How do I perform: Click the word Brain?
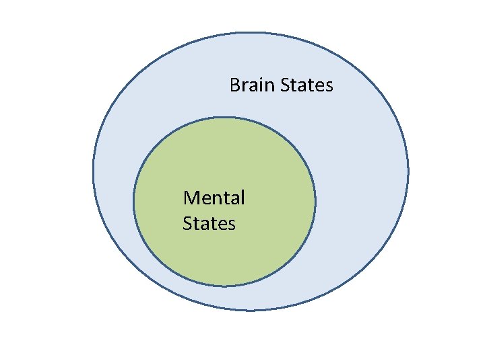point(251,85)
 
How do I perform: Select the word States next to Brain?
point(306,85)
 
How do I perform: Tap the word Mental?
point(214,198)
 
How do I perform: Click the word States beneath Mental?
point(209,223)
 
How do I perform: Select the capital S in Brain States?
point(284,85)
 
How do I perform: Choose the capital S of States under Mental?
point(187,223)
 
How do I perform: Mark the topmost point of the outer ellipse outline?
point(251,32)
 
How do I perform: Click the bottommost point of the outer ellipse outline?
point(251,310)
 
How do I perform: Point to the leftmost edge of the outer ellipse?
point(93,171)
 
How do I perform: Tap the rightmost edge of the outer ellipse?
point(408,171)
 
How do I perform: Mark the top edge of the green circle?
point(224,117)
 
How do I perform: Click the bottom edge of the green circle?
point(224,286)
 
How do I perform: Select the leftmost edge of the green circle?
point(133,202)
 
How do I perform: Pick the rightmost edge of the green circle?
point(315,202)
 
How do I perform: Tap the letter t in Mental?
point(228,198)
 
